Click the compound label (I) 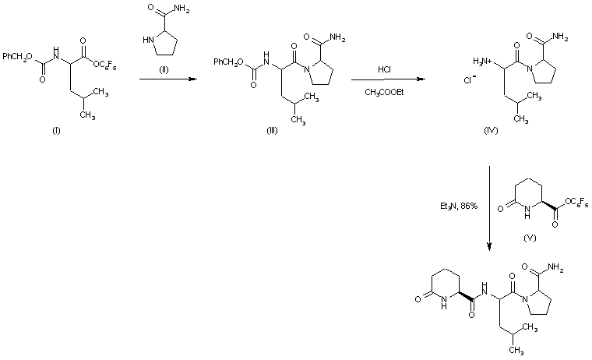click(x=55, y=129)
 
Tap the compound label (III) click(x=272, y=129)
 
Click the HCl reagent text click(x=384, y=69)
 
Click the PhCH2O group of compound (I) click(x=17, y=56)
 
